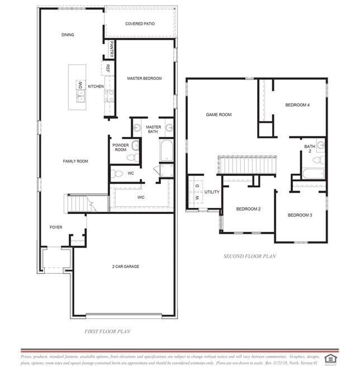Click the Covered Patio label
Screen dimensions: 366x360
click(x=140, y=24)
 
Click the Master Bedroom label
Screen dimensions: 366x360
click(x=144, y=78)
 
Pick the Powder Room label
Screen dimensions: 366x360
click(x=120, y=147)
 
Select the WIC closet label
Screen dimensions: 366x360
click(x=141, y=197)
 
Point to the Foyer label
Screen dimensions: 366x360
click(x=56, y=227)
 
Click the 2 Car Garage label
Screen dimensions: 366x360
click(x=126, y=267)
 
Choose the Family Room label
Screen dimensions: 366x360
click(x=75, y=161)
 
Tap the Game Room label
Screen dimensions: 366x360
click(x=219, y=115)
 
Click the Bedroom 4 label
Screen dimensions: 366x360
click(x=297, y=104)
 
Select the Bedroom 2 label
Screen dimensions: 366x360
click(x=248, y=209)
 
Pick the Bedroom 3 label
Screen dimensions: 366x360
click(x=300, y=215)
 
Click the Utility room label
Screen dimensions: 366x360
click(x=212, y=192)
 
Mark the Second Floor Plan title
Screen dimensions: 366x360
click(x=249, y=256)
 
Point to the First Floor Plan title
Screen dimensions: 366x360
click(x=107, y=331)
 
